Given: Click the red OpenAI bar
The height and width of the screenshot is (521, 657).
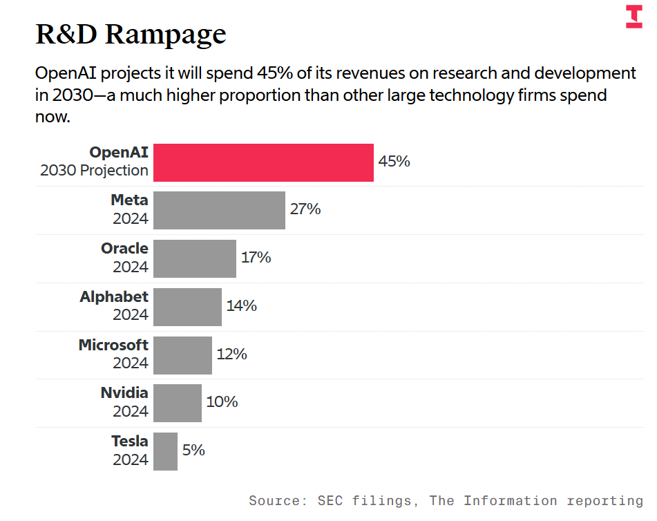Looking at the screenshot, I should (263, 162).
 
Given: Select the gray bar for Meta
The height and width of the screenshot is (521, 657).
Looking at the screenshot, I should (219, 210).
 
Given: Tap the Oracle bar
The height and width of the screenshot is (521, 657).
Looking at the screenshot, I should (195, 258).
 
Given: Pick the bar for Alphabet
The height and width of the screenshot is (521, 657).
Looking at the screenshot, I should (187, 307).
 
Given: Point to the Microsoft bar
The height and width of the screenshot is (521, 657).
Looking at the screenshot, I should (182, 355).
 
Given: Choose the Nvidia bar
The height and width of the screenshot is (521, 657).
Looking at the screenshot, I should (178, 403).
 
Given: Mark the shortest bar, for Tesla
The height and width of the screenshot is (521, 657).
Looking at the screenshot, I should (165, 451).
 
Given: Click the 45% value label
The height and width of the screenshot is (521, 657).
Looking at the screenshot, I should (394, 162).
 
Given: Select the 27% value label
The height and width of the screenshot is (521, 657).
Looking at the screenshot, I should (305, 209).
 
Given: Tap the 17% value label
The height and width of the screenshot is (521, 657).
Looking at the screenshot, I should (256, 258).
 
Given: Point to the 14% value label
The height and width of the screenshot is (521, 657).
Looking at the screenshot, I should (241, 305).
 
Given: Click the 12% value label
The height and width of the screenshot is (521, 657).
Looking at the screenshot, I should (231, 354).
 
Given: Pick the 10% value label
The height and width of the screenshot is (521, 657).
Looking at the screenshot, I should (222, 401).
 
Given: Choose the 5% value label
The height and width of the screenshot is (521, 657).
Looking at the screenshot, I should (193, 450).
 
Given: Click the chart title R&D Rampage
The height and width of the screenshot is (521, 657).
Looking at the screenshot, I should (131, 34).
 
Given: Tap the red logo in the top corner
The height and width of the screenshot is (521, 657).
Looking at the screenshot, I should (634, 17).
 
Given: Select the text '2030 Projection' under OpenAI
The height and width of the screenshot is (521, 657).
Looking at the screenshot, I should (94, 170).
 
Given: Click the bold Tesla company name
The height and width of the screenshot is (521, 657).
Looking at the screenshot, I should (130, 441).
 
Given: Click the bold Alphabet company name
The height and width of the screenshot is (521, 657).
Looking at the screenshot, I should (114, 296).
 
